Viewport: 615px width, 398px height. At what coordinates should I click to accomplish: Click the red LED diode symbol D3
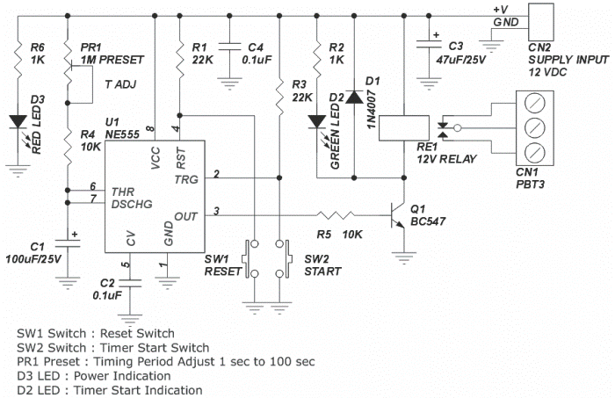18,121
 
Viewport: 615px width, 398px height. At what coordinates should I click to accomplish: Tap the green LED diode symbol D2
317,121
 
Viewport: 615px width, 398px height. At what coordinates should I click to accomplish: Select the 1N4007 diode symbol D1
355,97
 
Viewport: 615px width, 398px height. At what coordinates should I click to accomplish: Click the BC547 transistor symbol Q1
396,215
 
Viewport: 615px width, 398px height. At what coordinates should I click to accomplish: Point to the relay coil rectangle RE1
403,127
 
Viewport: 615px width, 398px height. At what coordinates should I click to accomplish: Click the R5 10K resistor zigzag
336,215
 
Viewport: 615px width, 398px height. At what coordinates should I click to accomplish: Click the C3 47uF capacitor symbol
429,44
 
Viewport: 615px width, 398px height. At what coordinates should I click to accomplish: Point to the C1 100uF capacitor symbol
68,243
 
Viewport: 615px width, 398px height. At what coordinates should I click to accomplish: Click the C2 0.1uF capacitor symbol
130,283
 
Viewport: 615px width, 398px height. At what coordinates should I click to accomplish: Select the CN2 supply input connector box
541,22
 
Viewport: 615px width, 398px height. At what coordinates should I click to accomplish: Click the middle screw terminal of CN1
534,127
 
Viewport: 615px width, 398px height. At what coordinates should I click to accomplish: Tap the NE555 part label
122,134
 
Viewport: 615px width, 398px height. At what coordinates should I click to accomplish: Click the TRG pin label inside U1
186,179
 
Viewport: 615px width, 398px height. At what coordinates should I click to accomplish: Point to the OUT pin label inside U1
185,216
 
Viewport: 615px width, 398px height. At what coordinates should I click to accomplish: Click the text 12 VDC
547,72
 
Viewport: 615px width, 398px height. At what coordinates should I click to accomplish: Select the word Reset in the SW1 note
116,333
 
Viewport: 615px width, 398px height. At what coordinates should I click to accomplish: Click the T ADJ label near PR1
121,84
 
